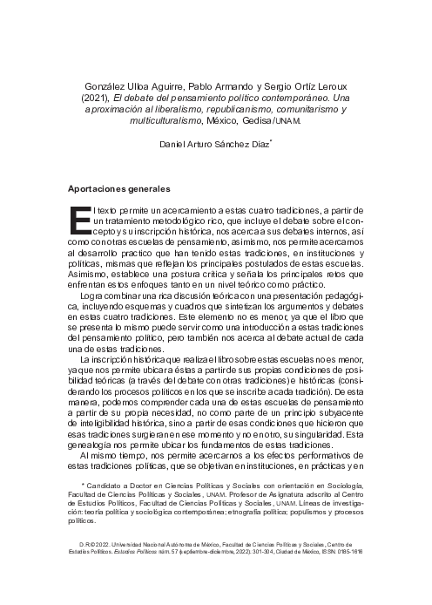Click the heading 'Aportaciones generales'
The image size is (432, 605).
tap(118, 188)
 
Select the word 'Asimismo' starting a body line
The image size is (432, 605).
tap(88, 269)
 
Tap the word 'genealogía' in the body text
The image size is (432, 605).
tap(91, 444)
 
